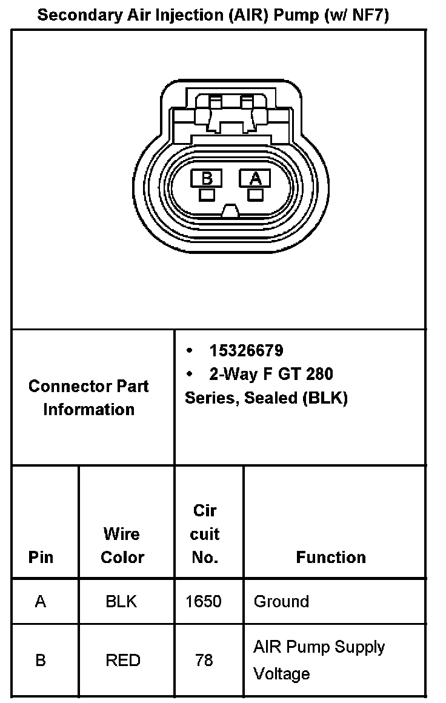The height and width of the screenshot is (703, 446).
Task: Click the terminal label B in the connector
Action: pyautogui.click(x=207, y=178)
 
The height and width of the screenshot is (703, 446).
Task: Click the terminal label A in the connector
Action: pyautogui.click(x=255, y=178)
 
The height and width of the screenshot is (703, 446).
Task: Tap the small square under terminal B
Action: pyautogui.click(x=207, y=195)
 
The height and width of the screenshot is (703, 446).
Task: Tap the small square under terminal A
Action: pyautogui.click(x=255, y=195)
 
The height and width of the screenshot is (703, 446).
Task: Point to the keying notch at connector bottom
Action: pyautogui.click(x=230, y=211)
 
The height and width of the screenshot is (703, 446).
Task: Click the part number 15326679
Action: pyautogui.click(x=246, y=351)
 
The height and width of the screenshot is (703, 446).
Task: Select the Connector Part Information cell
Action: pyautogui.click(x=88, y=398)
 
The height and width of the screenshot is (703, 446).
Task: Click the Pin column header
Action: pyautogui.click(x=41, y=558)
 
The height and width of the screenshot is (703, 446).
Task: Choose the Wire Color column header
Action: pyautogui.click(x=122, y=545)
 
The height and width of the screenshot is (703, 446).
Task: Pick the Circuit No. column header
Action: pyautogui.click(x=205, y=534)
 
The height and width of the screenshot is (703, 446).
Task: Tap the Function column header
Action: pyautogui.click(x=331, y=558)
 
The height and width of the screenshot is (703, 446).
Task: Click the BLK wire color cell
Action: pyautogui.click(x=121, y=602)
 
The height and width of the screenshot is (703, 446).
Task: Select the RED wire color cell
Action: pyautogui.click(x=123, y=660)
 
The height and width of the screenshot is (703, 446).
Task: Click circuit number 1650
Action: pyautogui.click(x=204, y=602)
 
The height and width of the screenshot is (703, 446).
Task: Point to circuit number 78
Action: pyautogui.click(x=204, y=660)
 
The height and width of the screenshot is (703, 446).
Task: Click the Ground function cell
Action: pyautogui.click(x=281, y=602)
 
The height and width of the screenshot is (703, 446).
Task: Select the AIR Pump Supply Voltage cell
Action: pyautogui.click(x=319, y=660)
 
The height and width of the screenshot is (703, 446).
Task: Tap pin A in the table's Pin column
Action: pyautogui.click(x=41, y=602)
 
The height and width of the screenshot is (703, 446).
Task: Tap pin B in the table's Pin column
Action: pyautogui.click(x=41, y=660)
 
